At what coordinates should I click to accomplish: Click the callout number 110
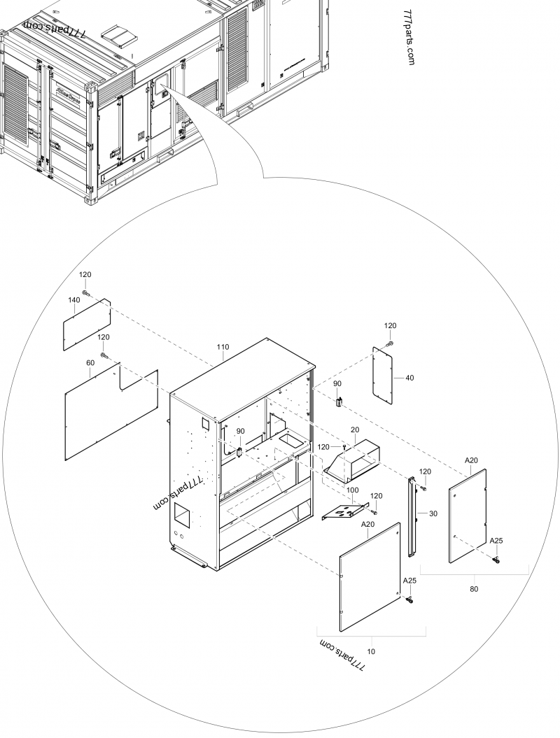point(223,347)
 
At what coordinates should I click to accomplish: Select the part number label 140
point(73,299)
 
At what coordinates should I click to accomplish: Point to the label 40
point(409,378)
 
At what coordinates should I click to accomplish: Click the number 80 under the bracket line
point(474,589)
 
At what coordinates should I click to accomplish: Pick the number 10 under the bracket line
point(371,651)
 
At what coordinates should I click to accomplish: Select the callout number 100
point(353,490)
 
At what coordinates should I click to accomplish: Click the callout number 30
point(433,513)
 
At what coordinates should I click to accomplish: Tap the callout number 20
point(354,430)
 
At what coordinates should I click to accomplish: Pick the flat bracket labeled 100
point(345,511)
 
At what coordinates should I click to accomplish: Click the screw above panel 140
point(85,292)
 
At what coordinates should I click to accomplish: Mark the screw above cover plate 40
point(390,343)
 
